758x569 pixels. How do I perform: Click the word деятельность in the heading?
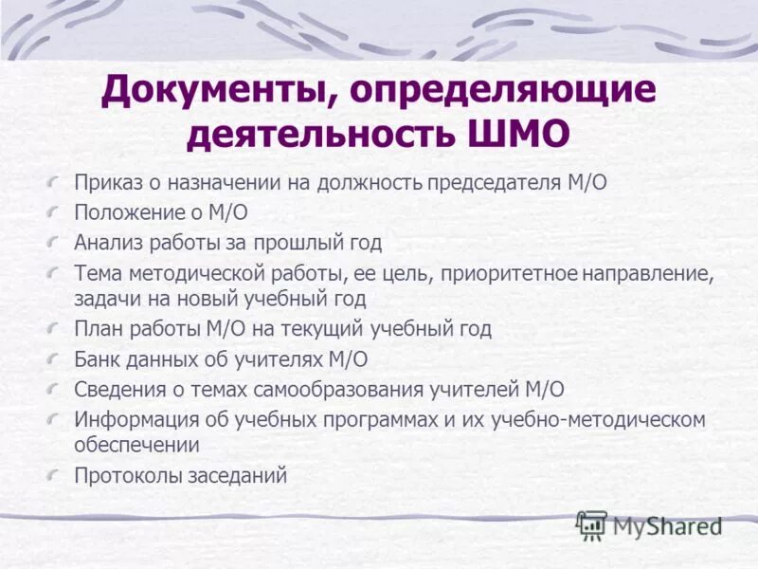[x=320, y=135]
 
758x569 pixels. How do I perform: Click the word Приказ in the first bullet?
[x=106, y=183]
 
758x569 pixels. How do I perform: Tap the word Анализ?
[x=107, y=242]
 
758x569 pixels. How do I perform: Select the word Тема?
[x=96, y=273]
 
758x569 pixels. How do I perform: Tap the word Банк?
[x=96, y=358]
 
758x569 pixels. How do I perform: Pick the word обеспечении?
[x=136, y=443]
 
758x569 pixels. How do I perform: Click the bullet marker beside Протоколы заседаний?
[x=58, y=473]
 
